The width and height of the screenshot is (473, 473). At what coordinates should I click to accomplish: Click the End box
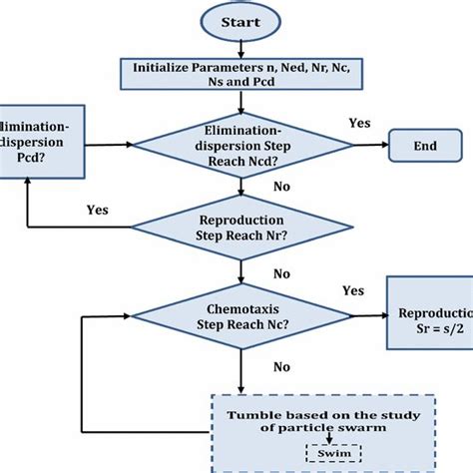point(425,146)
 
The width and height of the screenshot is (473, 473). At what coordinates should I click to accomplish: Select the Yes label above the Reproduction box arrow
point(352,291)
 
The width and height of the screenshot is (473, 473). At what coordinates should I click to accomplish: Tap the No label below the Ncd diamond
point(282,186)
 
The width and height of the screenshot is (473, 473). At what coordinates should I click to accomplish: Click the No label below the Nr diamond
point(282,272)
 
